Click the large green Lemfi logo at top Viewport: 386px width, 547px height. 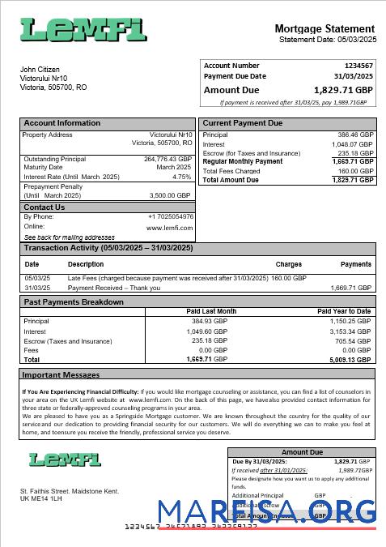(x=83, y=30)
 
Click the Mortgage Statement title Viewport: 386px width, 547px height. (x=324, y=28)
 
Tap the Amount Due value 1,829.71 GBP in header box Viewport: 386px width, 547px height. (x=338, y=90)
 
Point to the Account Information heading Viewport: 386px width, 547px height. (x=62, y=123)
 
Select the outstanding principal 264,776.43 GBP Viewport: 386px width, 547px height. (x=168, y=160)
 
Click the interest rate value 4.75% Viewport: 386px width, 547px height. (x=182, y=177)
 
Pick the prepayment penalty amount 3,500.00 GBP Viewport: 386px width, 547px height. (x=170, y=195)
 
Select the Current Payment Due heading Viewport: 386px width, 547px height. (x=243, y=123)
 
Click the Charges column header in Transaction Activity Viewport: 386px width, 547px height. (x=288, y=264)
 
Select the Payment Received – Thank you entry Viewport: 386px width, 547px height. (x=114, y=288)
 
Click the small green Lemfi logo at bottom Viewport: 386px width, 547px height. (x=65, y=459)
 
